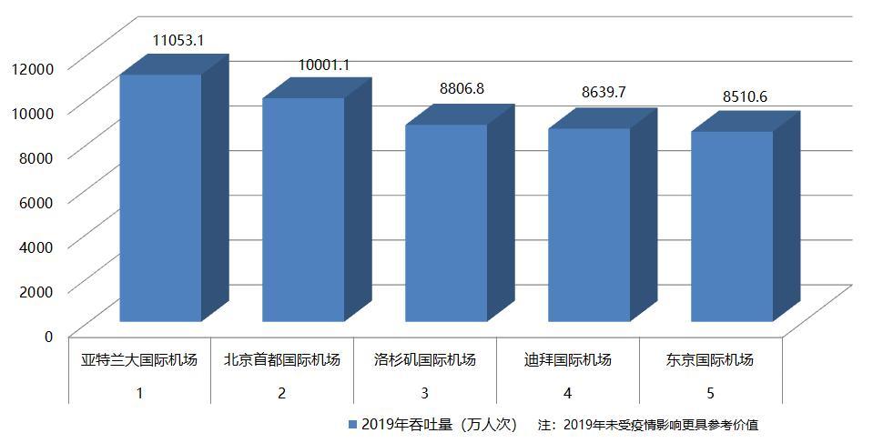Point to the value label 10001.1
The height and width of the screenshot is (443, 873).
click(x=324, y=65)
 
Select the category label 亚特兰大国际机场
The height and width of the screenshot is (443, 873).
click(x=139, y=360)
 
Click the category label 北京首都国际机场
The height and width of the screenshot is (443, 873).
click(x=282, y=360)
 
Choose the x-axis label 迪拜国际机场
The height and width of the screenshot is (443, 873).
click(x=568, y=360)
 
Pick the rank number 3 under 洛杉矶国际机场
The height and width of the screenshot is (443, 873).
click(x=425, y=393)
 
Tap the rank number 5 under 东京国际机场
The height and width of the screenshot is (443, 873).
click(x=711, y=393)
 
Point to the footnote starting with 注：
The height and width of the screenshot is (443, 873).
click(x=647, y=425)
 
